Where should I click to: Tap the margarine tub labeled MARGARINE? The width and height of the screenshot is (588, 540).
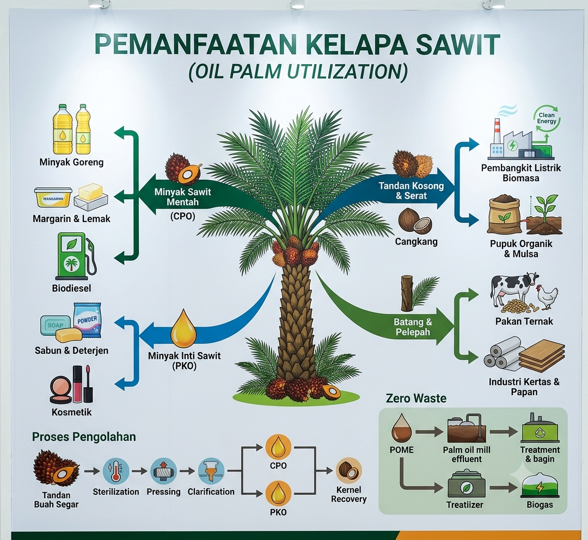pyautogui.click(x=53, y=197)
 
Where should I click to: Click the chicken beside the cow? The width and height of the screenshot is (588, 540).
pyautogui.click(x=547, y=297)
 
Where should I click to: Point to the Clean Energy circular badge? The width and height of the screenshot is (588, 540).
pyautogui.click(x=547, y=119)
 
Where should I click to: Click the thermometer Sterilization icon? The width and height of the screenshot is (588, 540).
pyautogui.click(x=116, y=471)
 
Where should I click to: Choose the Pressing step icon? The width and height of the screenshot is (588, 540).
pyautogui.click(x=163, y=471)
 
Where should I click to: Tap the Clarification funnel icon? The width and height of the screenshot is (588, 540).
pyautogui.click(x=211, y=471)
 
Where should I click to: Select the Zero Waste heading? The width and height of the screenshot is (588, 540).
pyautogui.click(x=416, y=398)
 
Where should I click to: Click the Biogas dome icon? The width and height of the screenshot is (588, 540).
pyautogui.click(x=540, y=486)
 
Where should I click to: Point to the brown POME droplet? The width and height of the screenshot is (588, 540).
pyautogui.click(x=402, y=428)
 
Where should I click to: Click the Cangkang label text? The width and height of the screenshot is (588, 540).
pyautogui.click(x=416, y=242)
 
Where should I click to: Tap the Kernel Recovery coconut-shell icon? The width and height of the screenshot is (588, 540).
pyautogui.click(x=349, y=470)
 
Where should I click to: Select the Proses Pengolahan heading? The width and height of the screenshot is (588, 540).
pyautogui.click(x=84, y=437)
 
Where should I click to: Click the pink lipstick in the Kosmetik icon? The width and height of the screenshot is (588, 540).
pyautogui.click(x=78, y=383)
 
